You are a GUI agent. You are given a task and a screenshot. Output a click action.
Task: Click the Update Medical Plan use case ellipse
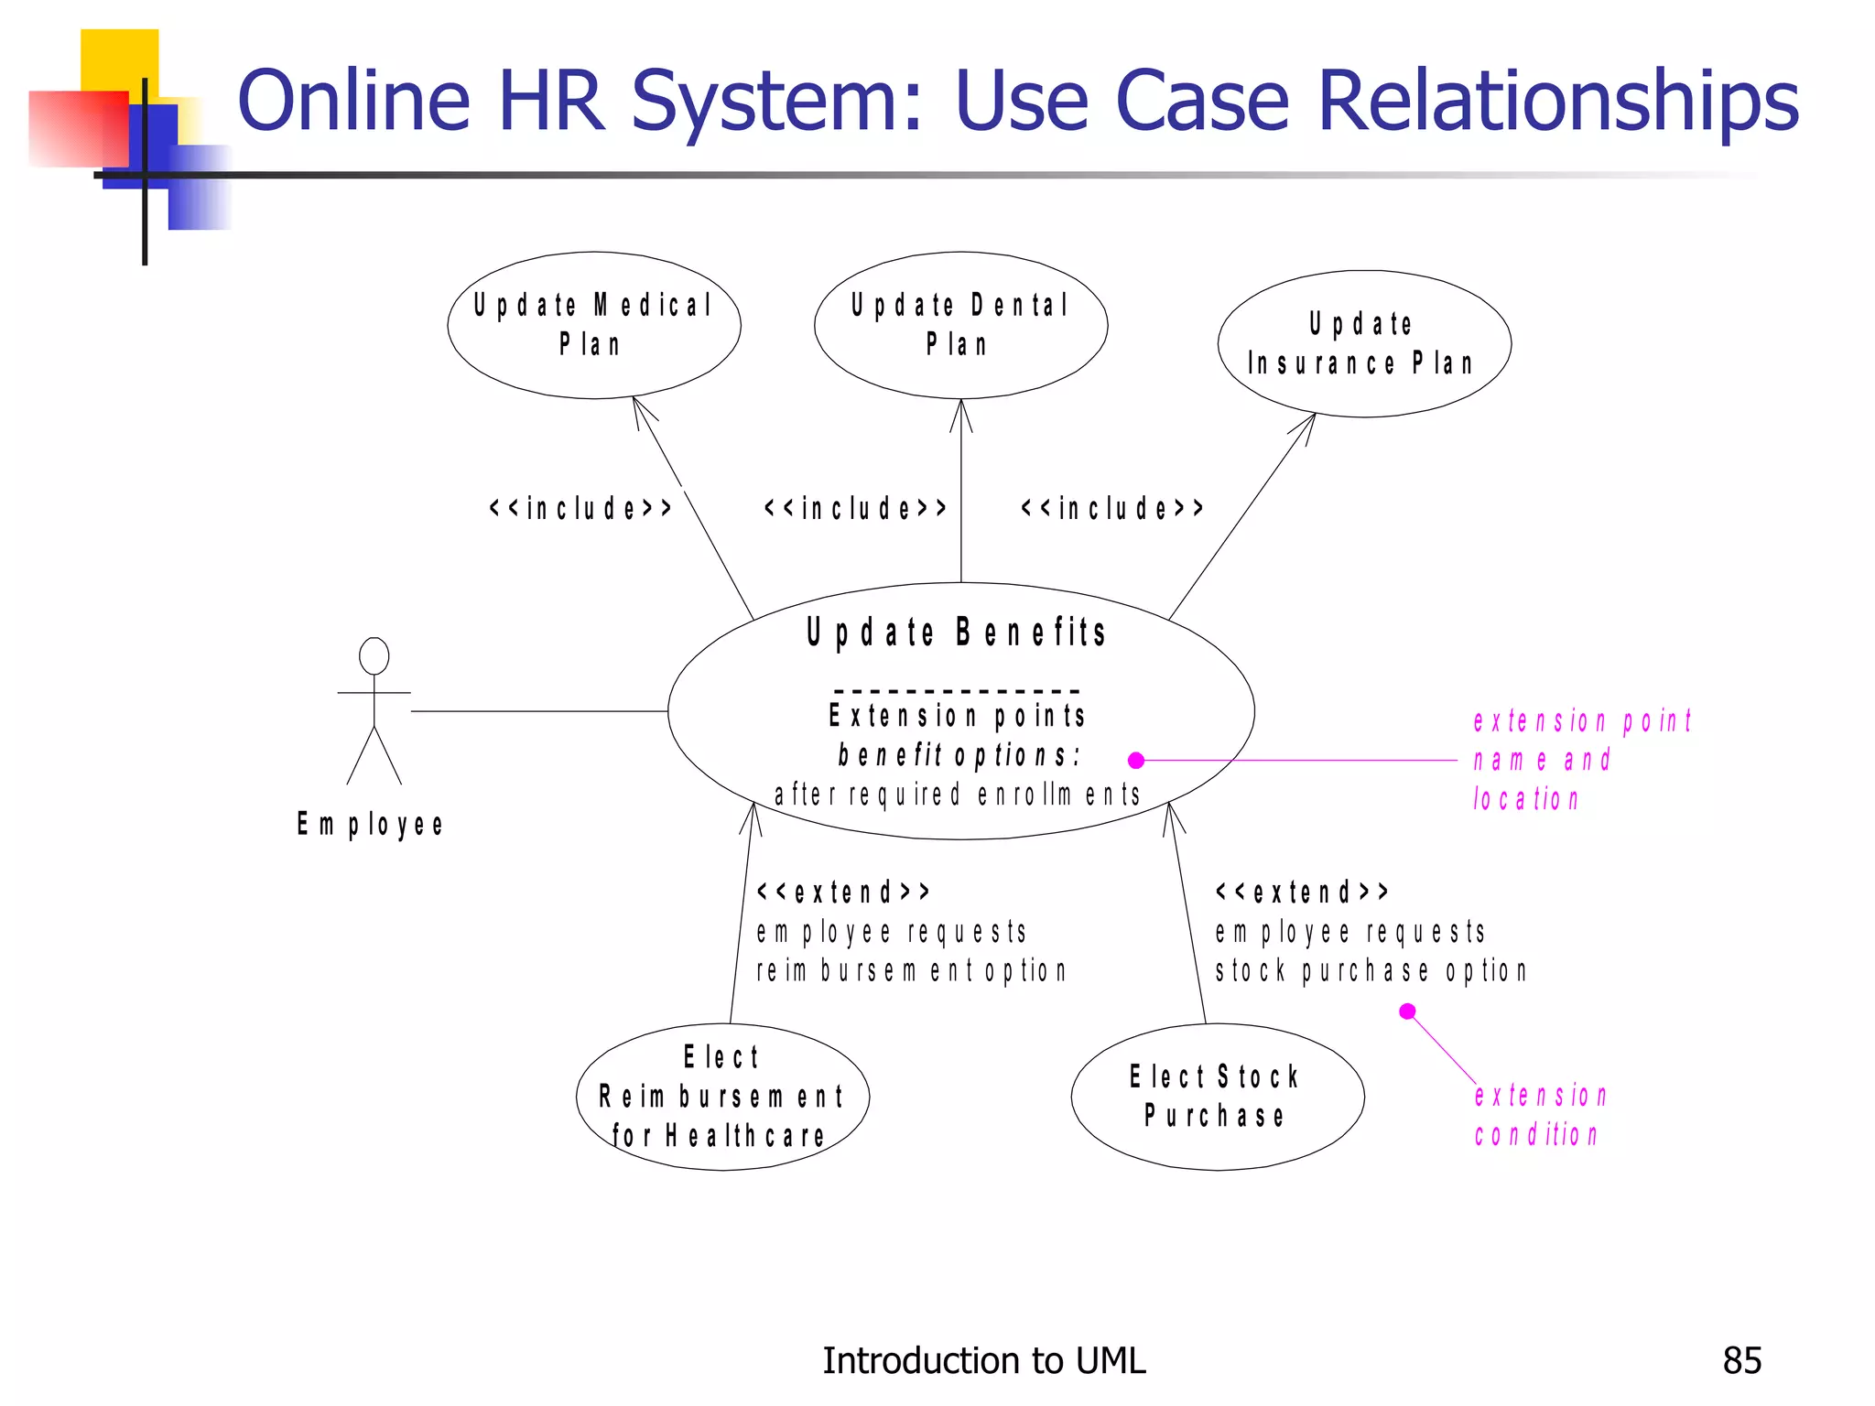coord(593,325)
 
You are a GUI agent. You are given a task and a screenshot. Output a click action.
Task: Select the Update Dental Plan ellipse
coord(960,325)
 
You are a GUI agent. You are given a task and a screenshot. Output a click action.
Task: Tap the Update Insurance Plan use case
coord(1363,344)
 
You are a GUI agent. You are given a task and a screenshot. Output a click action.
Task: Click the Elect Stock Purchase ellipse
coord(1217,1097)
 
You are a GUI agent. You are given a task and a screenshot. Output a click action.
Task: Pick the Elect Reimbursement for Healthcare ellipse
coord(721,1097)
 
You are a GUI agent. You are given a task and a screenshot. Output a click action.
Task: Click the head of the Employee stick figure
coord(374,656)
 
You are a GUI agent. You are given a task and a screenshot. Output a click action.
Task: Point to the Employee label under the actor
coord(370,825)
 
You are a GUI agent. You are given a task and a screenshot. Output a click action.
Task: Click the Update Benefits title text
coord(957,633)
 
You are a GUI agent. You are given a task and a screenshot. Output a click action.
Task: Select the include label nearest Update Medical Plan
coord(580,508)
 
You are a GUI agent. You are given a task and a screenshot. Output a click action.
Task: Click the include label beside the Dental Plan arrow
coord(855,508)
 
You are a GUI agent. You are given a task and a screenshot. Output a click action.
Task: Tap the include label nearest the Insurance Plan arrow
coord(1112,508)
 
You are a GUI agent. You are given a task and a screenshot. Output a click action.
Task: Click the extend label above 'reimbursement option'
coord(843,892)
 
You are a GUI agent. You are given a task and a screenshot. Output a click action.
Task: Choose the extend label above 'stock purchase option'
coord(1302,892)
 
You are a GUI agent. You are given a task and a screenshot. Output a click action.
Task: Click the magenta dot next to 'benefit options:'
coord(1136,760)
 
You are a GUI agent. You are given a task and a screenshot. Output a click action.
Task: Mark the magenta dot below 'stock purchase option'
coord(1408,1011)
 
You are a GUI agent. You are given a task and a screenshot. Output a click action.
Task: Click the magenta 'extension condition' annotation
coord(1540,1115)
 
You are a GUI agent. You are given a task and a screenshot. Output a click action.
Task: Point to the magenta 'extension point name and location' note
coord(1582,760)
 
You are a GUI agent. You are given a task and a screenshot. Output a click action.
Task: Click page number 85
coord(1741,1361)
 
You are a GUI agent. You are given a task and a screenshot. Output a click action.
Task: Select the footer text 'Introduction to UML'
coord(983,1361)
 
